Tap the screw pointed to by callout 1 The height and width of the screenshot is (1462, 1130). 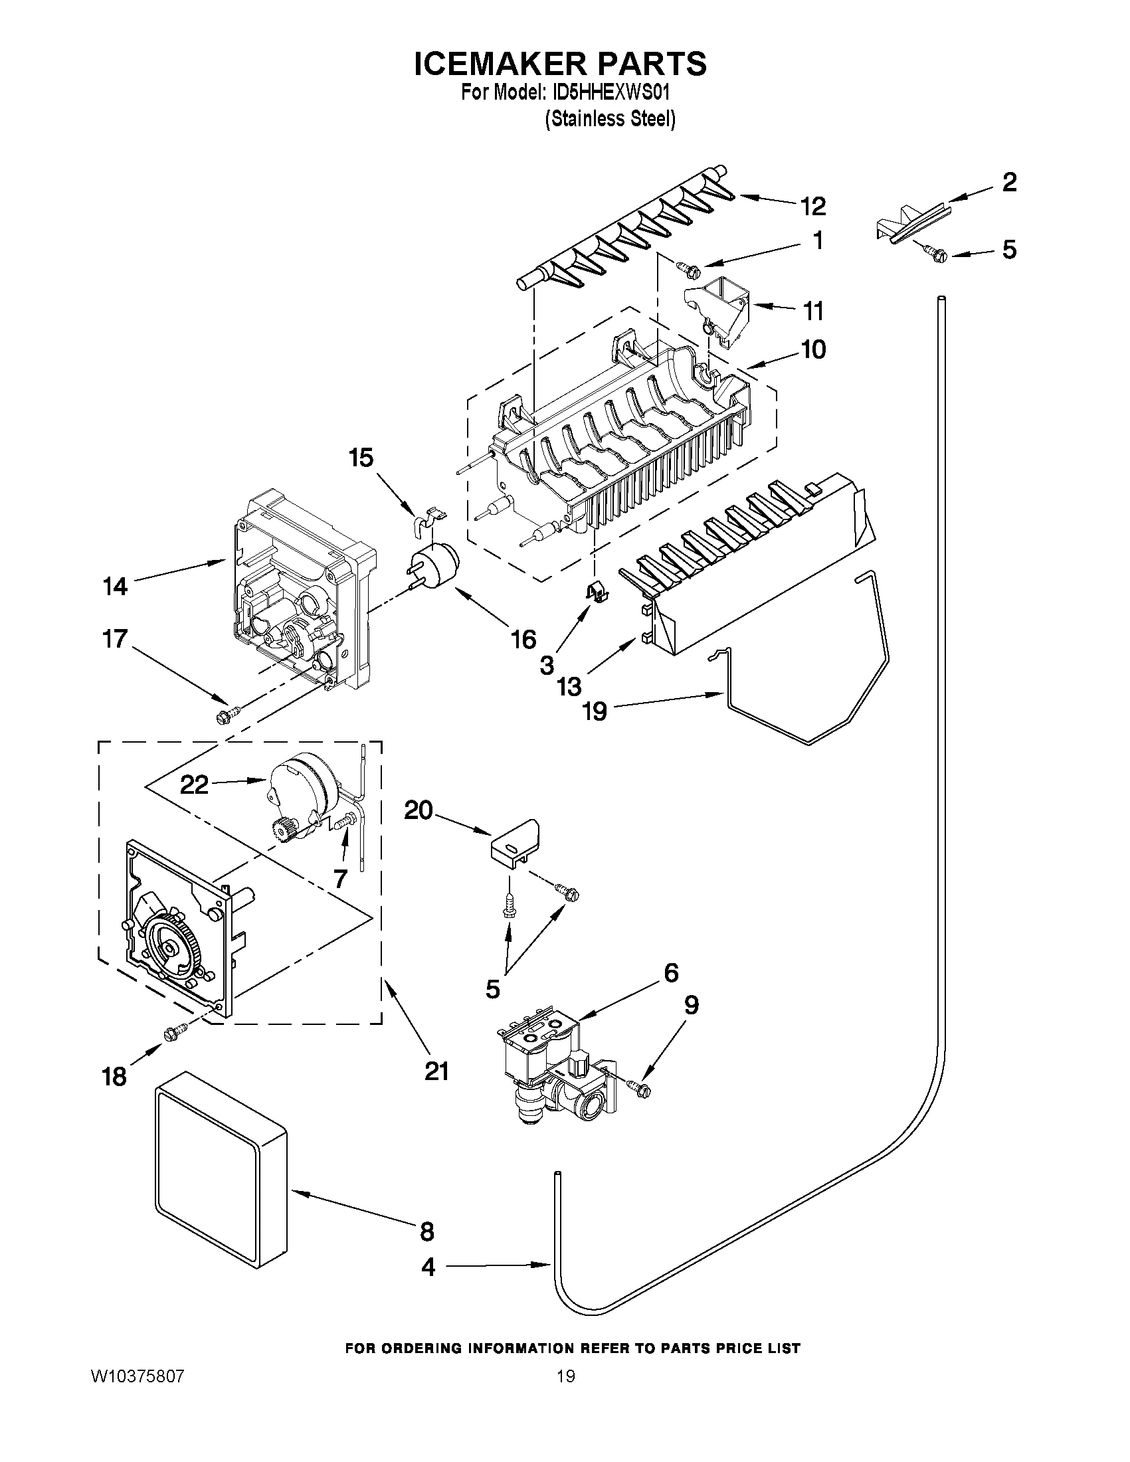point(688,269)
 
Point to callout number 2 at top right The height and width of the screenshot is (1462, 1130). point(1009,182)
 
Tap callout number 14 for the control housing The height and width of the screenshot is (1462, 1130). point(115,587)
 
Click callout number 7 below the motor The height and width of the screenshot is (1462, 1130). point(340,877)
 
